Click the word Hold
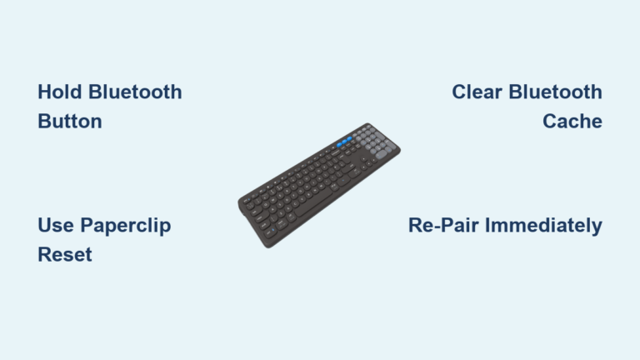[58, 92]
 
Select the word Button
[70, 122]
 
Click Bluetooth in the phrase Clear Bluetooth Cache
[555, 92]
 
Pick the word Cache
[572, 122]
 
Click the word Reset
[65, 255]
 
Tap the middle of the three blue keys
[345, 149]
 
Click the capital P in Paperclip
[87, 225]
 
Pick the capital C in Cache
[550, 122]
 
